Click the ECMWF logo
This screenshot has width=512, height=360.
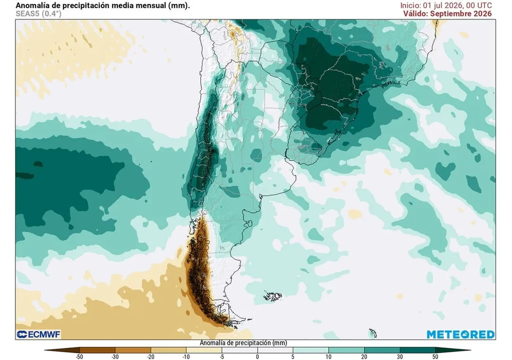(x=38, y=335)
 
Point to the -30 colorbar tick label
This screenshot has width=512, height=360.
(x=115, y=357)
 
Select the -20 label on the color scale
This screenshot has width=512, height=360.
(x=151, y=357)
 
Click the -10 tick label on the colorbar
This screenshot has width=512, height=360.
(x=186, y=357)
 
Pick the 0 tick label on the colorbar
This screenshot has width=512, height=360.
(x=257, y=357)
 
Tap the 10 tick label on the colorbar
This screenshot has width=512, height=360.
(x=328, y=357)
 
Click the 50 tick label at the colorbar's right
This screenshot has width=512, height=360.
(x=435, y=357)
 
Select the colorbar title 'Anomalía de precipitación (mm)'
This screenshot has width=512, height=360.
(x=244, y=343)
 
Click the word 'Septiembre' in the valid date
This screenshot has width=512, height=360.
(x=451, y=14)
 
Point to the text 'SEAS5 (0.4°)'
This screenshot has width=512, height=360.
(x=38, y=14)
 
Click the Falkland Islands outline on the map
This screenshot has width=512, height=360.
(x=273, y=296)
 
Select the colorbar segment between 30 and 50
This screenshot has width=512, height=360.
(x=417, y=350)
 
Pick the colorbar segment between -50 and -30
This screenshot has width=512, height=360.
(x=97, y=350)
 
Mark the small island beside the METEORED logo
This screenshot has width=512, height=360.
(x=373, y=333)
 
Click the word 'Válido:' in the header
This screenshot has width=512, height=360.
(x=415, y=14)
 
